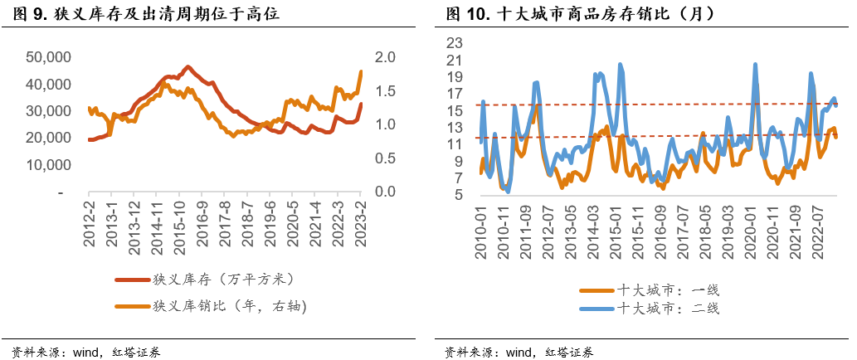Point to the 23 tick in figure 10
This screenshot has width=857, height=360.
(x=455, y=43)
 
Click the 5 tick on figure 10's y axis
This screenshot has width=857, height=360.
(x=458, y=195)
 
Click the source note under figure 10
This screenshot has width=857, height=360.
(x=519, y=351)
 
